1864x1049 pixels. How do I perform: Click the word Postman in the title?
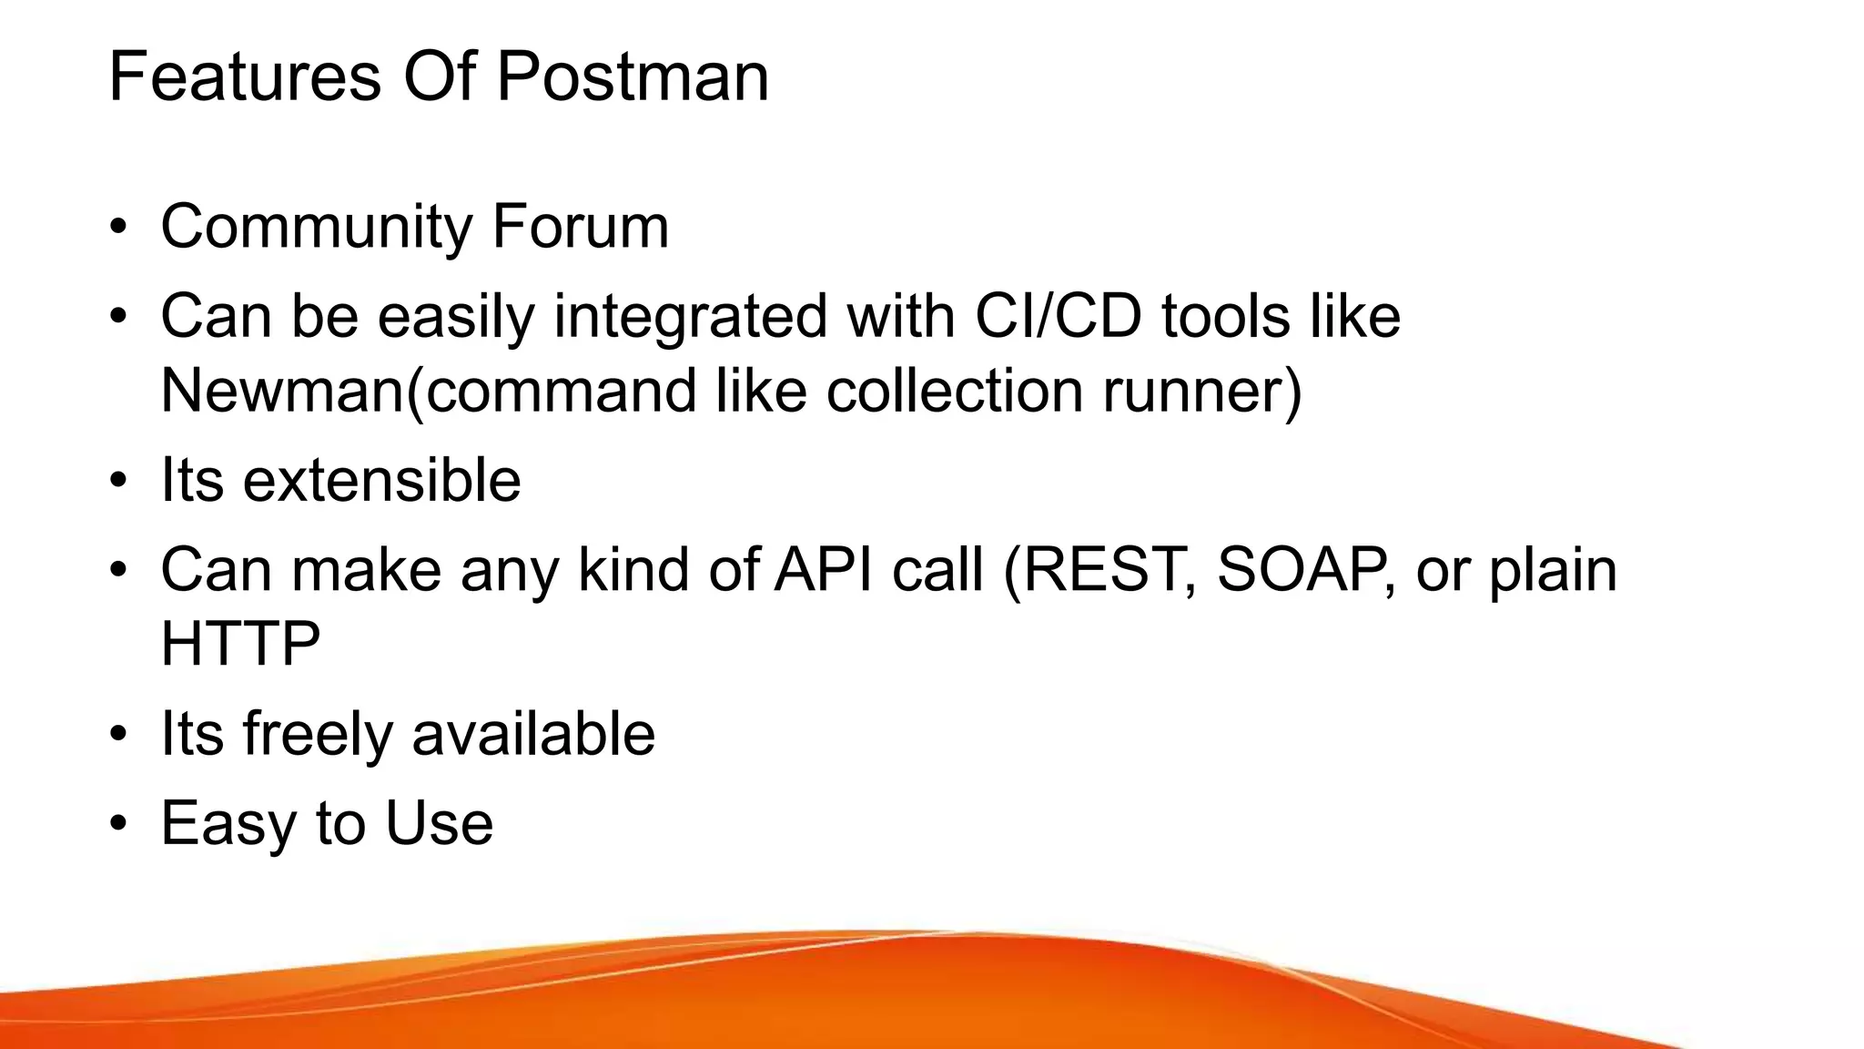(633, 76)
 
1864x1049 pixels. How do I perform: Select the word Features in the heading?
(244, 76)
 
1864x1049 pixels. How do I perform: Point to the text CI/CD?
(1058, 316)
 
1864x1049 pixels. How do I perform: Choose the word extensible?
(381, 480)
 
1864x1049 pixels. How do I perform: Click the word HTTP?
(240, 644)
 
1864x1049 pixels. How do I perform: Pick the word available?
(533, 734)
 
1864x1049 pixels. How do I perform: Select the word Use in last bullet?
(439, 823)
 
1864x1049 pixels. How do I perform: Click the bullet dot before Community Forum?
(117, 228)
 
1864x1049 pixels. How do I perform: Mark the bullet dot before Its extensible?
(117, 482)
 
